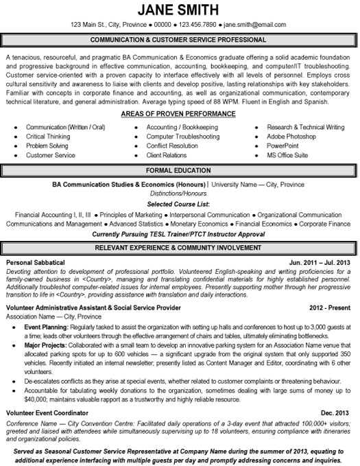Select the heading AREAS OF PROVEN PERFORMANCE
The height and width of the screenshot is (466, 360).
coord(179,113)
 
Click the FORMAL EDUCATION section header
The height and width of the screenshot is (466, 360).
coord(179,169)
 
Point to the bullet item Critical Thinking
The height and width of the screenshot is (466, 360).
coord(48,137)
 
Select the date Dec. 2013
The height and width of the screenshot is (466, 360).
coord(337,412)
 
